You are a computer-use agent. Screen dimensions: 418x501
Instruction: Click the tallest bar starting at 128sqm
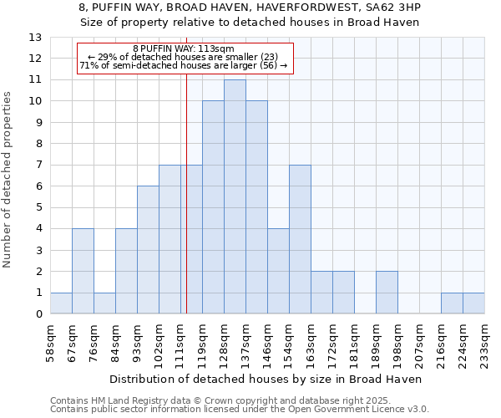(235, 197)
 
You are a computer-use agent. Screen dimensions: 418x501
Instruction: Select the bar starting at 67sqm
(83, 272)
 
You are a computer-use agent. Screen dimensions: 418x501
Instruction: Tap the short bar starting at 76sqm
(104, 303)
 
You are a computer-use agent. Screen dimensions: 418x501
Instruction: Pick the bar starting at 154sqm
(300, 240)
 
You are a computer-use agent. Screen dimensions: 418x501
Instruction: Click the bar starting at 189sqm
(387, 293)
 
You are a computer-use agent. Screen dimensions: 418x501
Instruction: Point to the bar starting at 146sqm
(278, 272)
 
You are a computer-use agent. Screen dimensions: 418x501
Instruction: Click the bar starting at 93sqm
(148, 250)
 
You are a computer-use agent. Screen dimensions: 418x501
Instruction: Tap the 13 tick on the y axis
(35, 38)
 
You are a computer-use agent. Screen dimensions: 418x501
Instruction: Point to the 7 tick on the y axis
(38, 166)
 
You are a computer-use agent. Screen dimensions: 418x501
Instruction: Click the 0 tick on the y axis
(38, 314)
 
